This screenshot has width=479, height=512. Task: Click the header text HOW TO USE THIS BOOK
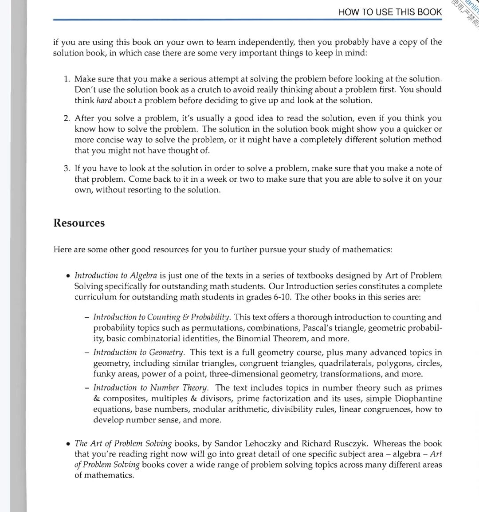tap(390, 12)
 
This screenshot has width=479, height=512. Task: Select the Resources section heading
tap(79, 223)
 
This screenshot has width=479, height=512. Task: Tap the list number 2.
tap(67, 118)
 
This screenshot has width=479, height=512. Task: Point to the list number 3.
tap(67, 168)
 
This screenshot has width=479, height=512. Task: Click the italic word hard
tap(104, 101)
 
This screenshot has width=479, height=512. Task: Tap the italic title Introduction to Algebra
tap(116, 276)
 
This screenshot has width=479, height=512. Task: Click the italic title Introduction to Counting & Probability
tap(162, 317)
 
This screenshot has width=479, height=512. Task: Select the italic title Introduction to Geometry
tap(139, 353)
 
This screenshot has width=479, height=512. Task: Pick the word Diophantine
tap(418, 399)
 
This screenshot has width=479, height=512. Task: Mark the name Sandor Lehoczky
tap(247, 444)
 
